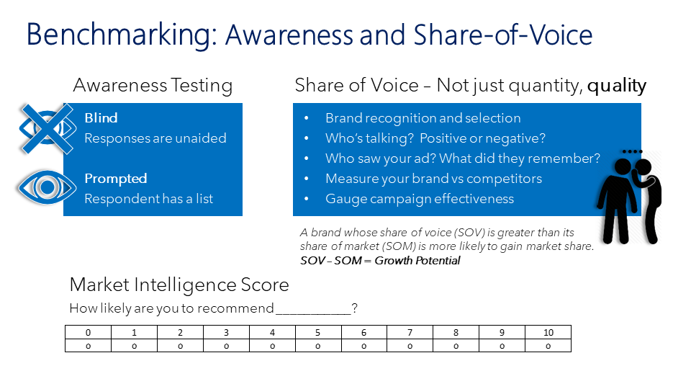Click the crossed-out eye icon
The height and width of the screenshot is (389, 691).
click(47, 128)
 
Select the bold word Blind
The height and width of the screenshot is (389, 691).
click(101, 118)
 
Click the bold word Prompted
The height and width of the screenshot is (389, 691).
click(115, 179)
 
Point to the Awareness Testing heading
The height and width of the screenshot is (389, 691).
click(153, 86)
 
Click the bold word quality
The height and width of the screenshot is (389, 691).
click(616, 86)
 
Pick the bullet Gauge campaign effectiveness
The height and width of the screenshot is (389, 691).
click(419, 199)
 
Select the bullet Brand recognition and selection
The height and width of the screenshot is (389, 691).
click(423, 118)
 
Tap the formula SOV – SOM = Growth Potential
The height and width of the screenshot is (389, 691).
click(379, 260)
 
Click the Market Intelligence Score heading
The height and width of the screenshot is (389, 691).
click(179, 285)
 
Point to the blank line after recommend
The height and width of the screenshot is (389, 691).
click(313, 309)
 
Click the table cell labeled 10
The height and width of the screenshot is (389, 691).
click(548, 332)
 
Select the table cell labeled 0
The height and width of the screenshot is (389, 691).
click(88, 332)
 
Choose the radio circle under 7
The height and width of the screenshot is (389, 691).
click(410, 346)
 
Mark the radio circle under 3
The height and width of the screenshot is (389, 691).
click(226, 346)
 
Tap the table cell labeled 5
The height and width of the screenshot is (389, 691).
click(318, 332)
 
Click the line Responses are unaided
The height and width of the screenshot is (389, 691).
click(155, 138)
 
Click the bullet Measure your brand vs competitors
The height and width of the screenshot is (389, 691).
click(433, 179)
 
